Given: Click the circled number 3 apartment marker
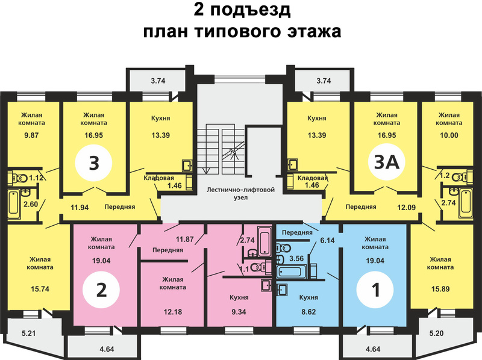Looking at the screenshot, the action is pyautogui.click(x=93, y=163).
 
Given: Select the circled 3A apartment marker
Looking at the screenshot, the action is pyautogui.click(x=386, y=162).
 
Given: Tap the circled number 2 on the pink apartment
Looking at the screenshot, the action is pyautogui.click(x=101, y=290).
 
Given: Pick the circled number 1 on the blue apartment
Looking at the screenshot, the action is pyautogui.click(x=375, y=290).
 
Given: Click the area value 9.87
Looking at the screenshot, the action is pyautogui.click(x=31, y=135).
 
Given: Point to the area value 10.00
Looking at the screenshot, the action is pyautogui.click(x=449, y=135).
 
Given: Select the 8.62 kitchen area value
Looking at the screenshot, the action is pyautogui.click(x=308, y=312).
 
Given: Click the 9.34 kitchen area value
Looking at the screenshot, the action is pyautogui.click(x=239, y=312).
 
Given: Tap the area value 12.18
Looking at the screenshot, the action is pyautogui.click(x=173, y=312).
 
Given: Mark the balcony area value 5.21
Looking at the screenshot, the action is pyautogui.click(x=28, y=333).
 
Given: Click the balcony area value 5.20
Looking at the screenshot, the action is pyautogui.click(x=436, y=333).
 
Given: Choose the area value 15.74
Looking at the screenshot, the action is pyautogui.click(x=40, y=289).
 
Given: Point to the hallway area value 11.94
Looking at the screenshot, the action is pyautogui.click(x=80, y=207).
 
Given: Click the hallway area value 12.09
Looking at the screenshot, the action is pyautogui.click(x=406, y=207).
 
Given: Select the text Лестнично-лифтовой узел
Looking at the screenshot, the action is pyautogui.click(x=240, y=193).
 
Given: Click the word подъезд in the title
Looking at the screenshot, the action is pyautogui.click(x=250, y=11).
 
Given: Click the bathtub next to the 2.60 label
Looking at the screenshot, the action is pyautogui.click(x=13, y=203).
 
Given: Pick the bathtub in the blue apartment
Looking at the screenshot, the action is pyautogui.click(x=290, y=272).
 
